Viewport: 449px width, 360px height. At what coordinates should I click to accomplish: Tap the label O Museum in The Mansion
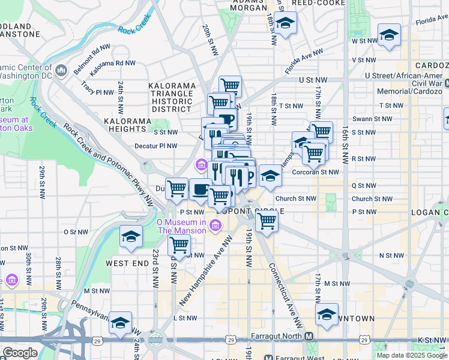tap(181, 226)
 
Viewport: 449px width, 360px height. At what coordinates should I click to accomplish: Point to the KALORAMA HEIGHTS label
tap(127, 125)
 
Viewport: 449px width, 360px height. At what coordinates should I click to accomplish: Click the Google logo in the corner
tap(19, 353)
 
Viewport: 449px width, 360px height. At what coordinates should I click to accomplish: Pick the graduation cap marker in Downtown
tap(327, 314)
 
